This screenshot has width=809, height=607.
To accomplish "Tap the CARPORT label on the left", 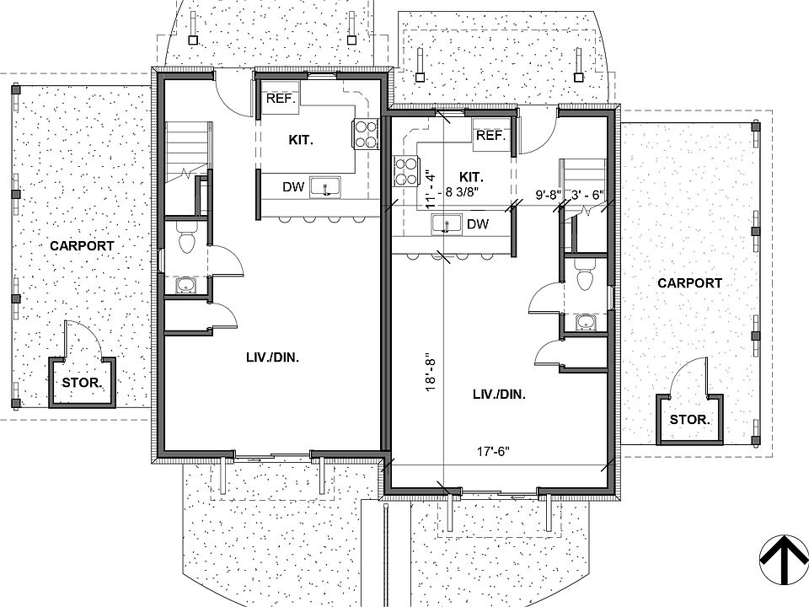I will point(82,246).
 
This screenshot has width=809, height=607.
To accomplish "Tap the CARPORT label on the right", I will point(689,283).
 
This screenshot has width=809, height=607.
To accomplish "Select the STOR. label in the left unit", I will point(82,382).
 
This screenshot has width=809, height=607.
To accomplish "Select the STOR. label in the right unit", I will point(689,419).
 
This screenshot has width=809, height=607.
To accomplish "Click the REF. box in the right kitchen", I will point(490,135).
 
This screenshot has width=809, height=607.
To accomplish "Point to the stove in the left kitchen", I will point(365,133).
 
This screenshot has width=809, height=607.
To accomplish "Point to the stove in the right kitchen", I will point(406,171).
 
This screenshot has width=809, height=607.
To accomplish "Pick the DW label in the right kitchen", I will point(478,224).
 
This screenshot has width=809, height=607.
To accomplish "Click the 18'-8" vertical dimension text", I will point(431,371).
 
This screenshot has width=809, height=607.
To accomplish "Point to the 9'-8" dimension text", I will point(548,194).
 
